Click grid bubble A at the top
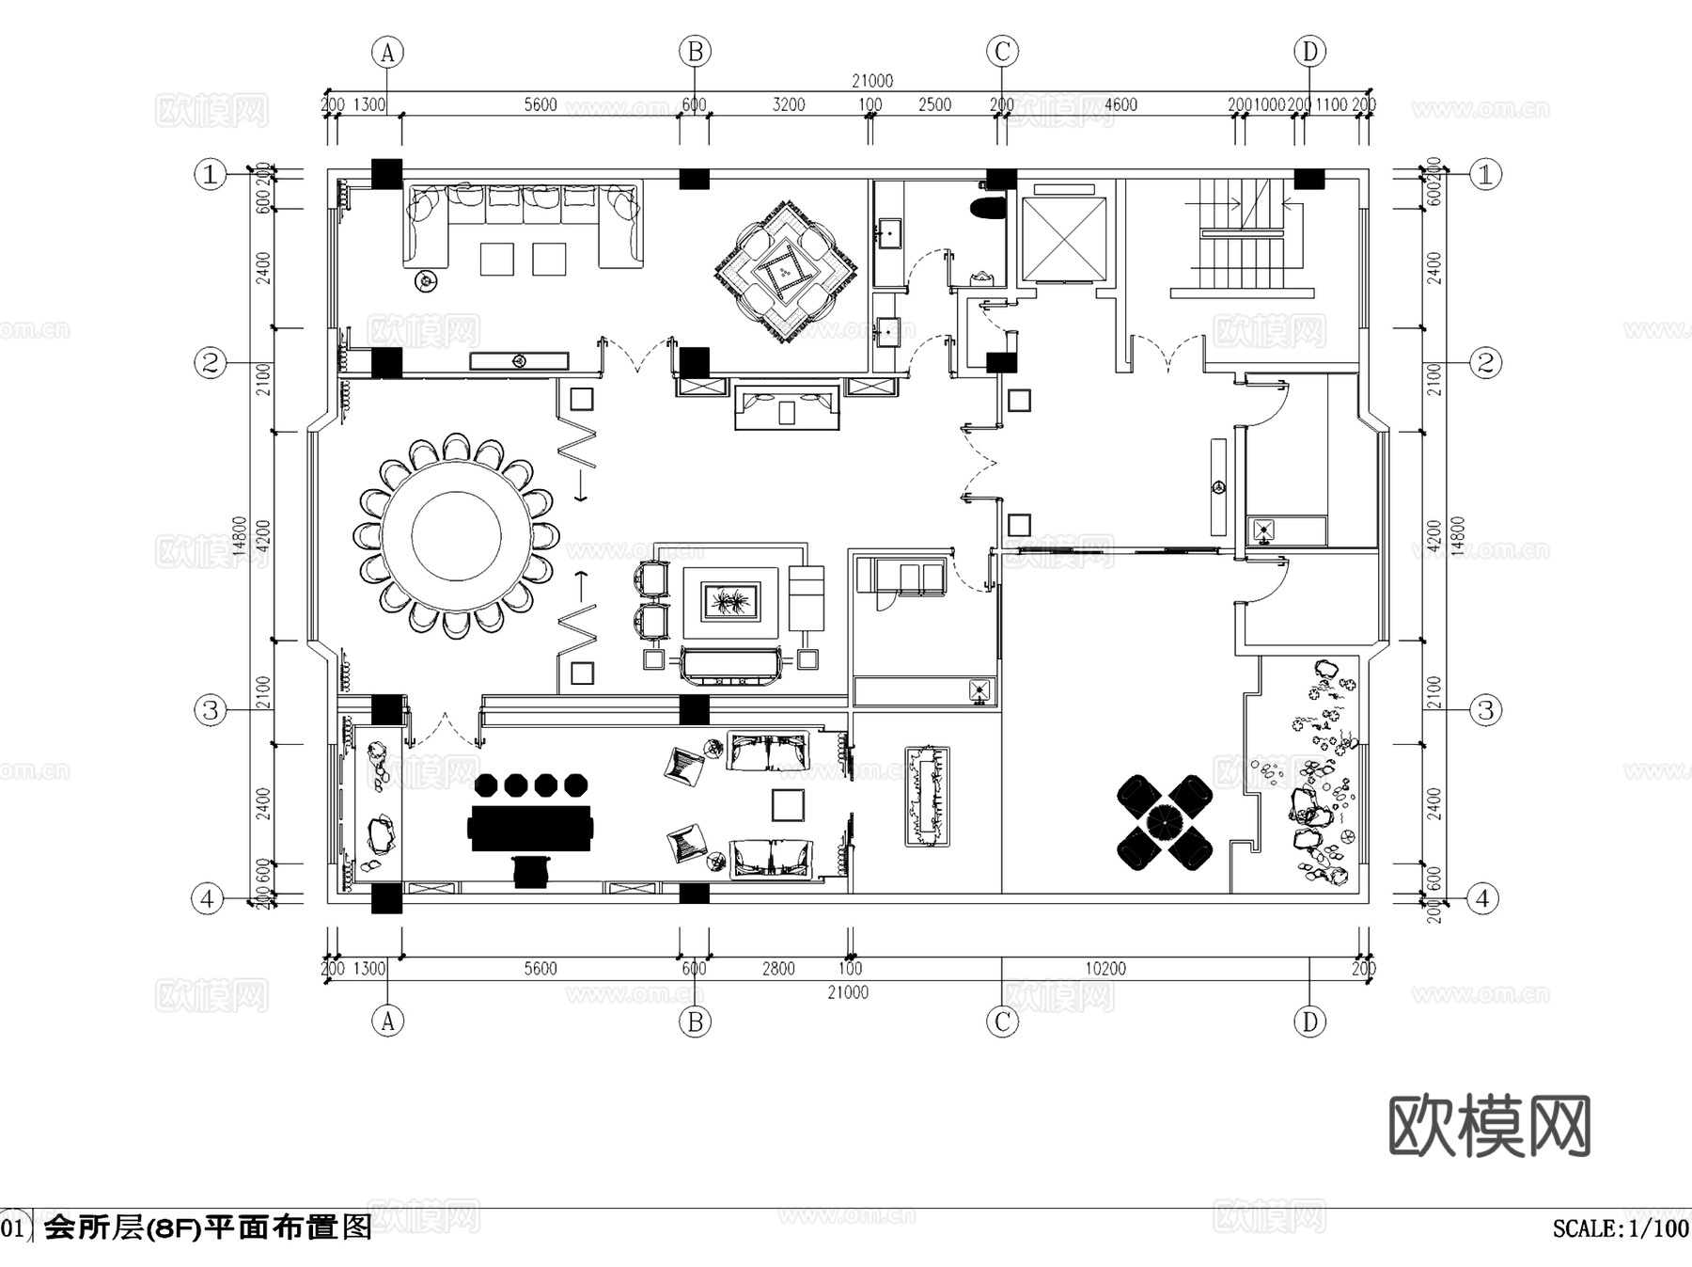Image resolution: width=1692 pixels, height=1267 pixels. pos(387,52)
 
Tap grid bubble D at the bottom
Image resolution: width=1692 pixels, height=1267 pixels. pos(1309,1021)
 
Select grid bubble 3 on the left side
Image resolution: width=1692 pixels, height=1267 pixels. pos(211,709)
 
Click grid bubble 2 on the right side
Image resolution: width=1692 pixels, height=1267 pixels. pos(1485,362)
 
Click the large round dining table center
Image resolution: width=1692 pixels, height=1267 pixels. pos(456,537)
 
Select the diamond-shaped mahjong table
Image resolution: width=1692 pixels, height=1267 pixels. pos(786,272)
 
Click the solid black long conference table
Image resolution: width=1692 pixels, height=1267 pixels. pos(531,828)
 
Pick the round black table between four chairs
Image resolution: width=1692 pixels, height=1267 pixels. pos(1165,821)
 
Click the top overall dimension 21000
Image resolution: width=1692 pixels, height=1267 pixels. pos(871,81)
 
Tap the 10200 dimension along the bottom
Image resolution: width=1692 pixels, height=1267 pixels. pos(1104,968)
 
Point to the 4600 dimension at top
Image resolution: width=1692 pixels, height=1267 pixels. pos(1120,104)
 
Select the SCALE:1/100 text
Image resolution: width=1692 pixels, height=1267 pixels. pos(1620,1228)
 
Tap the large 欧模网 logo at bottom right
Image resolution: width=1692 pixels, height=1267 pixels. pos(1489,1125)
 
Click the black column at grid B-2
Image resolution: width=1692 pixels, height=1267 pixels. pos(694,362)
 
